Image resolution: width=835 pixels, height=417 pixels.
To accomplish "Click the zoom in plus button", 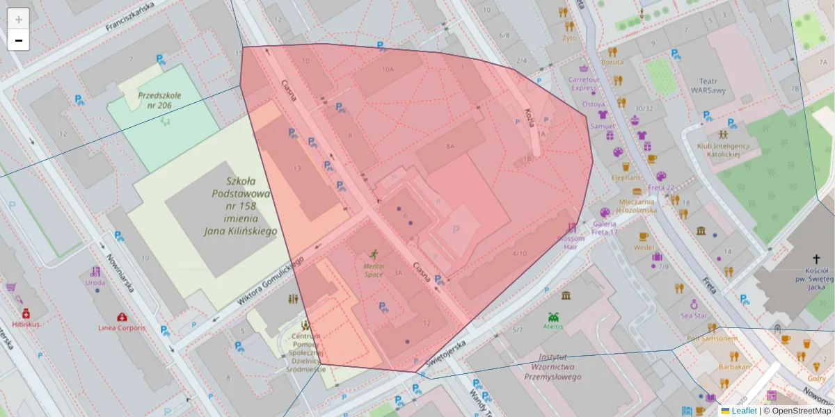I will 19,19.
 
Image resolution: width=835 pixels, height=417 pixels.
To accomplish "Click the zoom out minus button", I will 19,40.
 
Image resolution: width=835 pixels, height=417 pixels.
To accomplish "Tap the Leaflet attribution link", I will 743,411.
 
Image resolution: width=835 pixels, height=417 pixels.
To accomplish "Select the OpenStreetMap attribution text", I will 801,411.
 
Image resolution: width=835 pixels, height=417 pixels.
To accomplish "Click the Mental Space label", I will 374,270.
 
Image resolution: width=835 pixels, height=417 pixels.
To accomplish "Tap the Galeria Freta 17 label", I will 605,227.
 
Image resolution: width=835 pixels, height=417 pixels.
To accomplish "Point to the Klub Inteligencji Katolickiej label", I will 724,150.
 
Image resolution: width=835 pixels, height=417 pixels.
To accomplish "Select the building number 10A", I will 388,69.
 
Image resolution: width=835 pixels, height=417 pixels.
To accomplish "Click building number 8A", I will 450,146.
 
